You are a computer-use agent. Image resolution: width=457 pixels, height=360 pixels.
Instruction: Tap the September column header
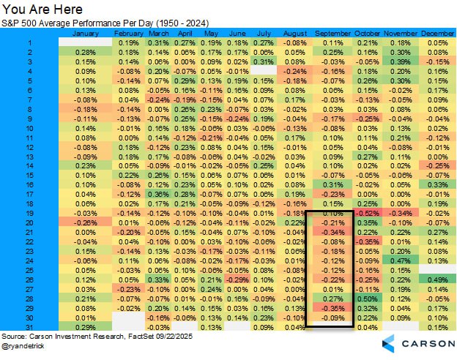click(x=332, y=34)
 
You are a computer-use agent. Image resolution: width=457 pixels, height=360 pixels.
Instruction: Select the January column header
click(x=86, y=34)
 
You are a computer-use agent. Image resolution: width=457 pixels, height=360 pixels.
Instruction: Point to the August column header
click(x=294, y=34)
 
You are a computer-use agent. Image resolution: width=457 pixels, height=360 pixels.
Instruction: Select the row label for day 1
click(x=30, y=43)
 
